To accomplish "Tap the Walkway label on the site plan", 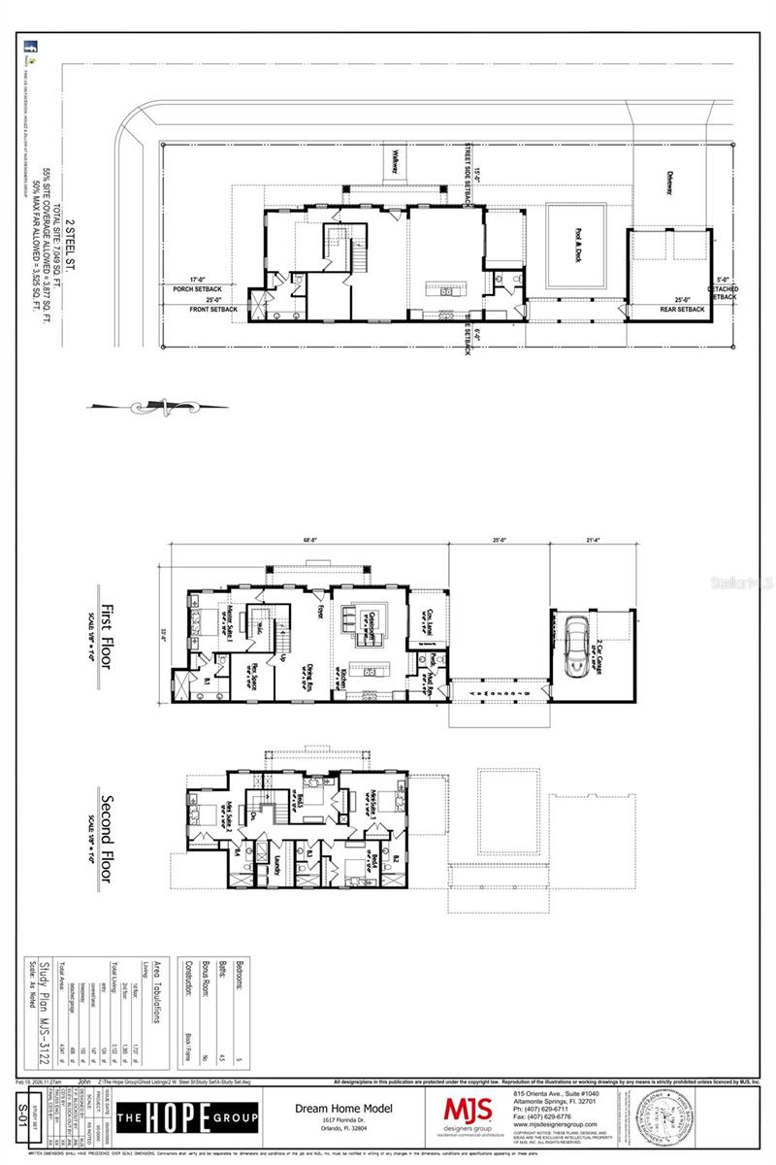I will [x=396, y=161].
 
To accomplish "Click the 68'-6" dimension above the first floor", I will [x=309, y=541].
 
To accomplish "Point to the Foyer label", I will [x=319, y=610].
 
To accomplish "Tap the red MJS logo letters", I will [x=468, y=1110].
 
